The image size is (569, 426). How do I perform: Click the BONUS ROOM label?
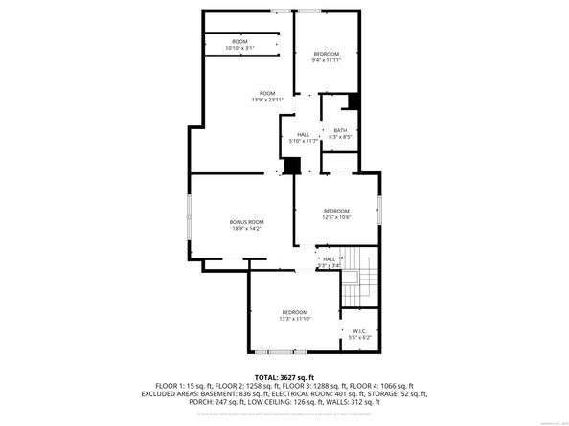coord(246,221)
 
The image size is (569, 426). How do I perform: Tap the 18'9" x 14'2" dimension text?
coord(246,229)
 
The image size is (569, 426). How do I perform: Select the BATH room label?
coord(340,132)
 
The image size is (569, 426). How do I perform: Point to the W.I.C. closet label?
coord(359,331)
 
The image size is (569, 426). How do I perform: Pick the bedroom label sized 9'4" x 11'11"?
coord(327,56)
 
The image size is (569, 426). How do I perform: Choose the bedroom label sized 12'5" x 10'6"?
coord(336,211)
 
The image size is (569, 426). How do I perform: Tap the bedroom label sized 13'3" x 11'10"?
coord(294,313)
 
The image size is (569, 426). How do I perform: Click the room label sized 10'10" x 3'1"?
coord(239,42)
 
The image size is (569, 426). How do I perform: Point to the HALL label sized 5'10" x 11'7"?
coord(303,135)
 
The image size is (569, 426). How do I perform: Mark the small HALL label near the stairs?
coord(329,259)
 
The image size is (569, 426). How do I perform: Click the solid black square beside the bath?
coord(354,101)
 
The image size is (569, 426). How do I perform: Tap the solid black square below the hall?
coord(291,166)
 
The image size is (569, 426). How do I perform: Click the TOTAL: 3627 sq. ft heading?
coord(284,377)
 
